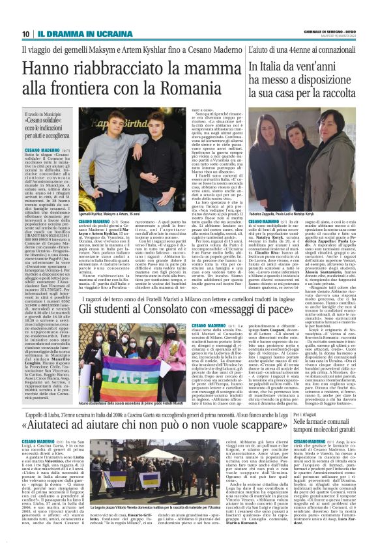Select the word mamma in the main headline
pyautogui.click(x=186, y=68)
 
